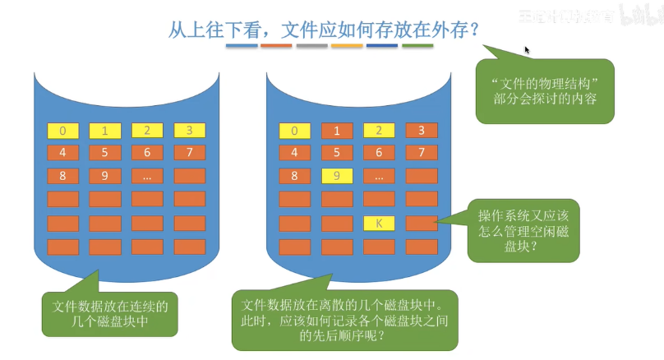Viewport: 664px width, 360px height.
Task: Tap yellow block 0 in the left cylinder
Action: pyautogui.click(x=63, y=130)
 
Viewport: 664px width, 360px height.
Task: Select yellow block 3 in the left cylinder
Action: pyautogui.click(x=189, y=130)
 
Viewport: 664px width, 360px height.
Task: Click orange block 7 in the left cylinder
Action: pyautogui.click(x=189, y=152)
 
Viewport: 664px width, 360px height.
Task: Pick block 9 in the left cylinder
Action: pyautogui.click(x=105, y=175)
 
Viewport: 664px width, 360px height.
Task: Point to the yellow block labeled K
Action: pyautogui.click(x=379, y=223)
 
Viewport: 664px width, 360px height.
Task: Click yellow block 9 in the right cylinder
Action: pyautogui.click(x=337, y=175)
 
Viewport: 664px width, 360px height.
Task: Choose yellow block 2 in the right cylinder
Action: pyautogui.click(x=379, y=130)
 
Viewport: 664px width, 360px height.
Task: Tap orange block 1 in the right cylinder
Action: pyautogui.click(x=337, y=130)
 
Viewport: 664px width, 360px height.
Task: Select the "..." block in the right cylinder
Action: pyautogui.click(x=379, y=175)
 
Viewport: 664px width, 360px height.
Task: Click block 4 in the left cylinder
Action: pyautogui.click(x=63, y=152)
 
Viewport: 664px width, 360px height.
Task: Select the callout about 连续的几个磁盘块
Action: pyautogui.click(x=110, y=313)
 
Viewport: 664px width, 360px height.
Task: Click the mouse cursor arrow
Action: pyautogui.click(x=527, y=49)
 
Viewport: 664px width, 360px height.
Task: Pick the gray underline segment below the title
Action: pyautogui.click(x=311, y=46)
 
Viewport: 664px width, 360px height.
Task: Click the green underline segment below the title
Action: pyautogui.click(x=417, y=46)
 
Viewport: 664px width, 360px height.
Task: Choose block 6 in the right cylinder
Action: pyautogui.click(x=379, y=152)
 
